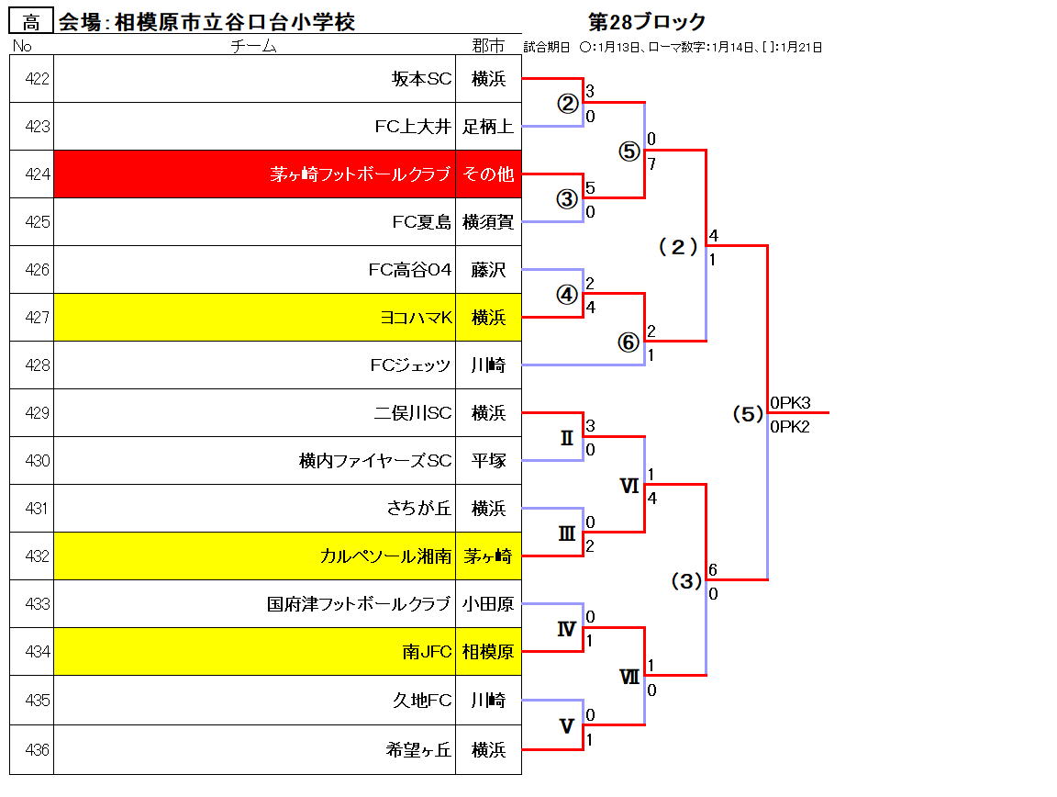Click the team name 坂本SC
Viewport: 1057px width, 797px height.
tap(421, 79)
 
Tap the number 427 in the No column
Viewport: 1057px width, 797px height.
tap(37, 317)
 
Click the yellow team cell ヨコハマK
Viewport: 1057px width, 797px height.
tap(254, 317)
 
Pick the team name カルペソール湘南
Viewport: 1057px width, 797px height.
tap(385, 556)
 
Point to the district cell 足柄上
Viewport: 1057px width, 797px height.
tap(488, 126)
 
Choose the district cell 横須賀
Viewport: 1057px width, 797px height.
tap(488, 222)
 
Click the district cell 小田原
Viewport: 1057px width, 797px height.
tap(488, 604)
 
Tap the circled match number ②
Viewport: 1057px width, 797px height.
tap(568, 103)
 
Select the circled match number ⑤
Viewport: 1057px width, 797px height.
tap(629, 152)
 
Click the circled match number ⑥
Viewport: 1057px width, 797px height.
tap(629, 342)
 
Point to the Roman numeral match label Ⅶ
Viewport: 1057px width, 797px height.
tap(629, 677)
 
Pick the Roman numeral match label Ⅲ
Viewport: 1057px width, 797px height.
tap(567, 533)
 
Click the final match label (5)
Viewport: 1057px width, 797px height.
tap(749, 413)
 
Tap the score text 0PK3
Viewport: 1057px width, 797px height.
tap(790, 403)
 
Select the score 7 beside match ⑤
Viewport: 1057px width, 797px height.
tap(651, 164)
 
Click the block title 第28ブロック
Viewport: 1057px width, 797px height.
tap(647, 22)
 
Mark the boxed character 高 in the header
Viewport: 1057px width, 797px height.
tap(31, 22)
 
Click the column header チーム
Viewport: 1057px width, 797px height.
tap(254, 46)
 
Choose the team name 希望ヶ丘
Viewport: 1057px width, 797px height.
tap(418, 750)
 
